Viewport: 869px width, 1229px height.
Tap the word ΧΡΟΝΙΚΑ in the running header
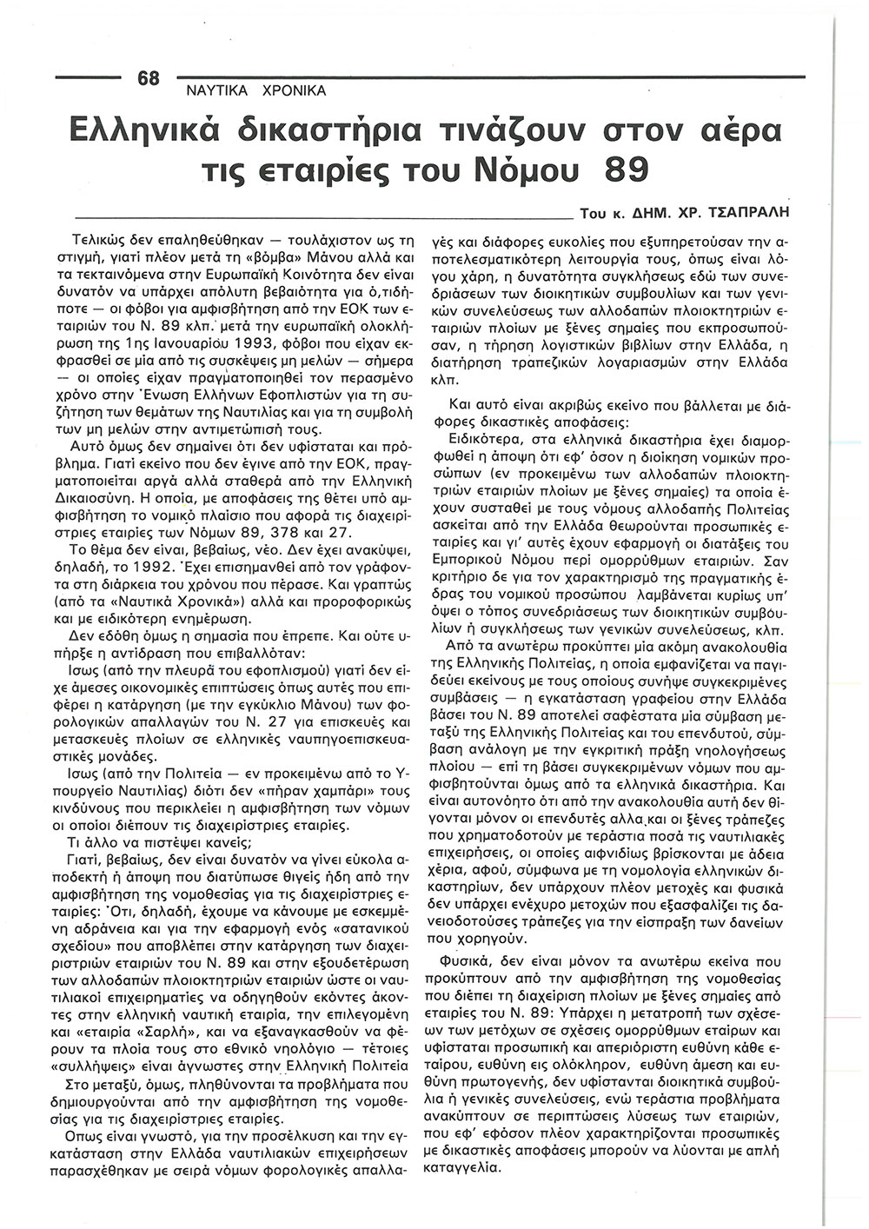291,90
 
